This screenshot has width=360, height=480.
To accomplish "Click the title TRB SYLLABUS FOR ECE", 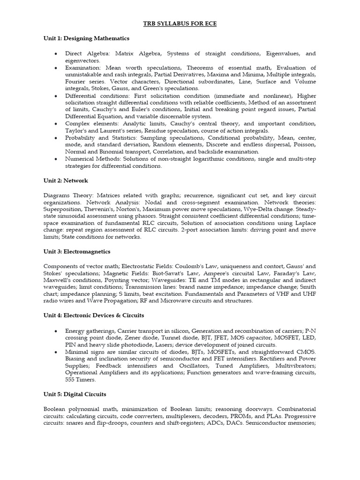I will click(180, 23).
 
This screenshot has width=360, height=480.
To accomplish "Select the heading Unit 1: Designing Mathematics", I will click(86, 38).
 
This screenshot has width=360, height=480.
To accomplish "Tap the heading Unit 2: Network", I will click(66, 180).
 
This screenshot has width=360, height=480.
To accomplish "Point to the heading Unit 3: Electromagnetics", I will click(77, 251).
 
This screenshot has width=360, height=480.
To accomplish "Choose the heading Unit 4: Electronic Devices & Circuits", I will click(94, 315).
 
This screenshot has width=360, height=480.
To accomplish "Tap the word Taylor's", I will click(76, 131).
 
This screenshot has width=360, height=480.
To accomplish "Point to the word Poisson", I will click(306, 145).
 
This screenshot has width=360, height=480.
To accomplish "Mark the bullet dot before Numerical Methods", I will click(56, 159).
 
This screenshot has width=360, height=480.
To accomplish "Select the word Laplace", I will click(305, 223).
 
